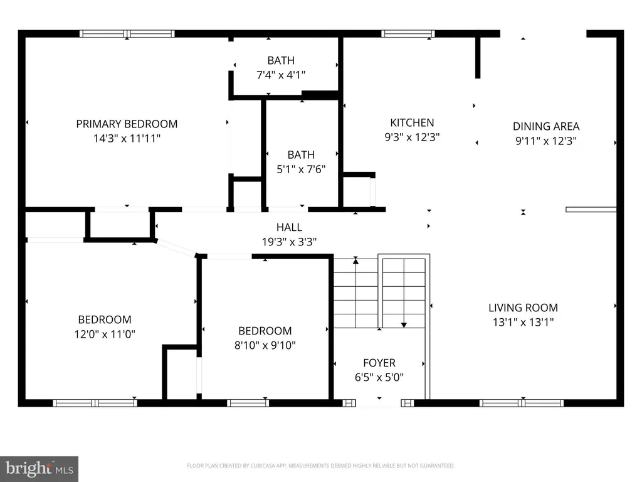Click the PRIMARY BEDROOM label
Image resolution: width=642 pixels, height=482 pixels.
point(127,124)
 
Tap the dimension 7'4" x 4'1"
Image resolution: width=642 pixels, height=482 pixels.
point(281,75)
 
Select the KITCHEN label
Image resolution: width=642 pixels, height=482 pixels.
point(412,122)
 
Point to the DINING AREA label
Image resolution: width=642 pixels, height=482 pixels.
point(546,126)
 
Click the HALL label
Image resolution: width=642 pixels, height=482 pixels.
point(289,227)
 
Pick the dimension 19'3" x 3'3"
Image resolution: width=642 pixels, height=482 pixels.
point(289,242)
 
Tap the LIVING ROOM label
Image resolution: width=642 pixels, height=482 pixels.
point(524,308)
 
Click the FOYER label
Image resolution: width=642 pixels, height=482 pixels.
point(379,363)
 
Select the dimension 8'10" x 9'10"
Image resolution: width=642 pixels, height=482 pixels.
point(265,345)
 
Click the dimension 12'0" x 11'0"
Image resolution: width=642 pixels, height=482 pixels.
point(105,334)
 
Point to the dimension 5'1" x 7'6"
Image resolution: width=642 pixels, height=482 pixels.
point(301,169)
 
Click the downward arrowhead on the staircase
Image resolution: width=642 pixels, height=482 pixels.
point(404,325)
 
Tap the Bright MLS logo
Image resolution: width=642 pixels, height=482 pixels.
point(39,469)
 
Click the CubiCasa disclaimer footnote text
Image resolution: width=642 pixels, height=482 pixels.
point(320,466)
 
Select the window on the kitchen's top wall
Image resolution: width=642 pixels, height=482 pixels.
point(408,34)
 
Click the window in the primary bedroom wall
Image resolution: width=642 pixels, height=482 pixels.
point(127,34)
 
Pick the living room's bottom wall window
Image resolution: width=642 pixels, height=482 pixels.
point(521,404)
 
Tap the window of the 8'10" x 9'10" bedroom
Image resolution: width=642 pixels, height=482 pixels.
point(248,404)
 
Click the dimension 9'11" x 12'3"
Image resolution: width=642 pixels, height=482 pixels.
point(546,141)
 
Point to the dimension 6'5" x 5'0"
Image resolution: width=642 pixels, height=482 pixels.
point(379,377)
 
